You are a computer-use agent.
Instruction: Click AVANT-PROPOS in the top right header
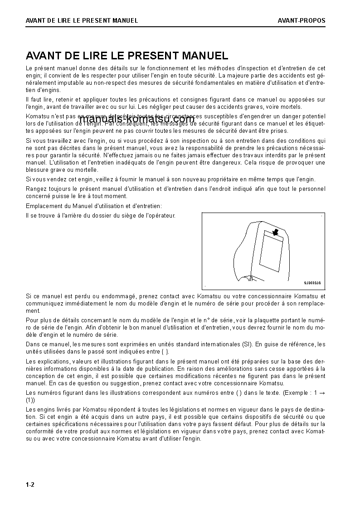pos(302,20)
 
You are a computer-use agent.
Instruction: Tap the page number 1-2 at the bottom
pos(30,485)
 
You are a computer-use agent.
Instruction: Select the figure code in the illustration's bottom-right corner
pos(312,283)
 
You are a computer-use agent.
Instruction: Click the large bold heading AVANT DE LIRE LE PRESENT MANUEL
pos(127,56)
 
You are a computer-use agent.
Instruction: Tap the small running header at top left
pos(82,20)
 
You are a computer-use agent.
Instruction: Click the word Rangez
pos(36,189)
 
